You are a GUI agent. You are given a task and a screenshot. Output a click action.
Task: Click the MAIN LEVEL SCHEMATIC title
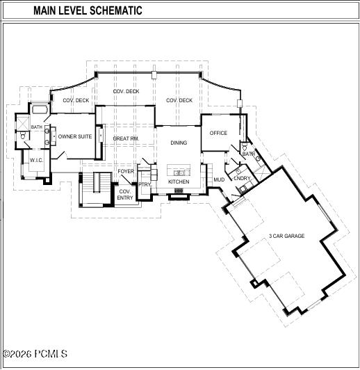[x=88, y=10]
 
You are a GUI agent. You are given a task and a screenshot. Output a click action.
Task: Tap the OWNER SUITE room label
[x=75, y=136]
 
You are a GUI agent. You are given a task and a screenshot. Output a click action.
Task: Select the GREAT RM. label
[x=126, y=139]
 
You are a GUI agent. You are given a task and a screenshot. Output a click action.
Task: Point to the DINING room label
[x=179, y=143]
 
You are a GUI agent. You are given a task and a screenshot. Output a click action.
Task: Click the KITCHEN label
[x=179, y=182]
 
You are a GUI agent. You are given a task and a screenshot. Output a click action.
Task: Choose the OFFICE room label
[x=218, y=133]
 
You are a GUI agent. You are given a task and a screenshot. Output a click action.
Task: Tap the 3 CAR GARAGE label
[x=287, y=236]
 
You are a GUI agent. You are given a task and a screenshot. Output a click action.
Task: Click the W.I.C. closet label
[x=37, y=161]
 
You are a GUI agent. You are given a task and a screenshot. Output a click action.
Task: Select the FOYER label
[x=126, y=171]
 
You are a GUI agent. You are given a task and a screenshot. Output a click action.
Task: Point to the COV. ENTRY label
[x=125, y=195]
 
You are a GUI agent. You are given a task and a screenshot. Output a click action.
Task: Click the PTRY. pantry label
[x=145, y=184]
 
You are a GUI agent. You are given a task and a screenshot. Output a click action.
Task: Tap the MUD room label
[x=219, y=180]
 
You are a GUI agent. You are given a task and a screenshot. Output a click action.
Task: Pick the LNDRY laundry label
[x=242, y=178]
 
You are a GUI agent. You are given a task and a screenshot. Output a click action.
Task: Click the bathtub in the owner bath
[x=40, y=110]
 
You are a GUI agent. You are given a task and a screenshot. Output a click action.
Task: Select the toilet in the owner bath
[x=23, y=136]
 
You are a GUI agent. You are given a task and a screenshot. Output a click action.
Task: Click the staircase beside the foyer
[x=95, y=189]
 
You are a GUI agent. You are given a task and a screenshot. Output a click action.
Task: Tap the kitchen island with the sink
[x=179, y=170]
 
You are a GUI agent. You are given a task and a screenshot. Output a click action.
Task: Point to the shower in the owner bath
[x=23, y=122]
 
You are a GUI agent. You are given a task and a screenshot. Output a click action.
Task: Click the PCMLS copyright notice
[x=35, y=354]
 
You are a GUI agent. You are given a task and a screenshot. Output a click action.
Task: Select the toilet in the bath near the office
[x=244, y=147]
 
